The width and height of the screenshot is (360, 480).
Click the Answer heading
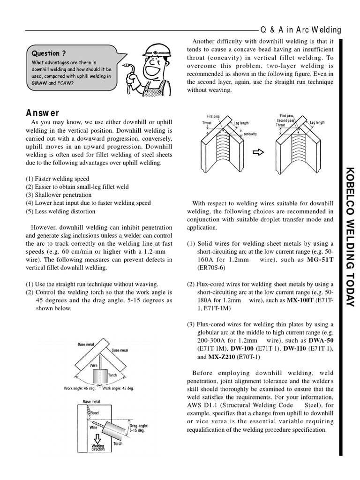pos(43,113)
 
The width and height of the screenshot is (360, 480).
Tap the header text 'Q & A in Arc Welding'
pos(300,30)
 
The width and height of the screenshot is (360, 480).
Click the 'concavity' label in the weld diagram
pos(250,134)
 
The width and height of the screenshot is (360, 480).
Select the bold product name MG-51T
pos(320,260)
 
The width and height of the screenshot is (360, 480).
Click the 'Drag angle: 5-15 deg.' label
pos(139,428)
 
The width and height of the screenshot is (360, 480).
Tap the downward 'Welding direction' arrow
pos(98,439)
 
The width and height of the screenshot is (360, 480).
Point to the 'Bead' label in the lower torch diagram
pos(95,413)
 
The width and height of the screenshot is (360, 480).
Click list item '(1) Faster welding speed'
pos(57,179)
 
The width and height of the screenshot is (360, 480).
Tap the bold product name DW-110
pos(296,349)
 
